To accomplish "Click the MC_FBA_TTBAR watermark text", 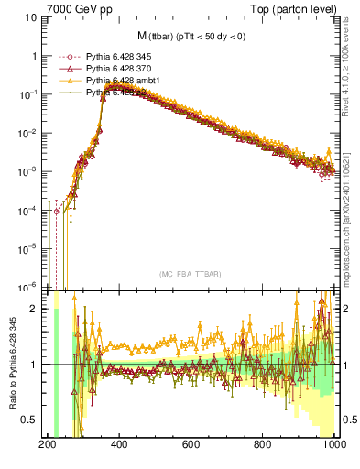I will tap(190, 274).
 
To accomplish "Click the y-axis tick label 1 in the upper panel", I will tap(33, 56).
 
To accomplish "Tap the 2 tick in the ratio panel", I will tap(33, 309).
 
